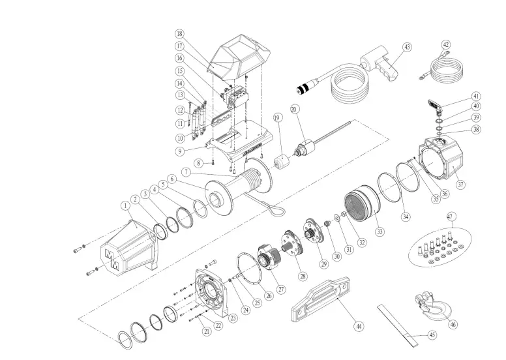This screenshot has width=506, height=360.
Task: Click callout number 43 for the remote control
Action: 407,47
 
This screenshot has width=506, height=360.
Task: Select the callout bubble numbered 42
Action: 446,45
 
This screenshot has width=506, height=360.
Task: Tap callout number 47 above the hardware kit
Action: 449,216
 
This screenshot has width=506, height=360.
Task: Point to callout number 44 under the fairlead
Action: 358,324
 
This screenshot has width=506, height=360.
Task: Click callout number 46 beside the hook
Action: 453,322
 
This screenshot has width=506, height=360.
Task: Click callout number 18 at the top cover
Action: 179,33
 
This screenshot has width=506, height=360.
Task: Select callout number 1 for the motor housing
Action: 124,205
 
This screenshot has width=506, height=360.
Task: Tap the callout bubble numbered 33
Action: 379,231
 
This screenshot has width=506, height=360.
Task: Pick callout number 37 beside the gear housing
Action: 461,185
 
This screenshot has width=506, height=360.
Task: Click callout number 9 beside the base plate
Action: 179,151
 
